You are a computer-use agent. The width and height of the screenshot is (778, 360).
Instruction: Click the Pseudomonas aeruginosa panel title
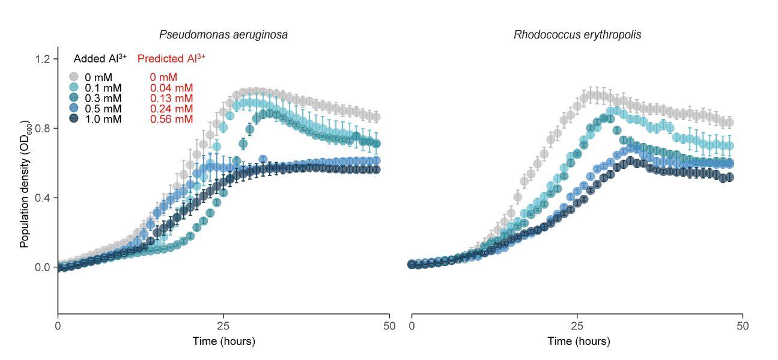[x=223, y=35]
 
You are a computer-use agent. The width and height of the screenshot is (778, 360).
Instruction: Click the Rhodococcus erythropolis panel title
[x=577, y=35]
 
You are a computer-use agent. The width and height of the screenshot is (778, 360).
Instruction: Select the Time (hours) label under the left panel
[x=223, y=341]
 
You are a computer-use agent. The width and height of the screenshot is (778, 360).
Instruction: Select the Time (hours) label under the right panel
[x=578, y=341]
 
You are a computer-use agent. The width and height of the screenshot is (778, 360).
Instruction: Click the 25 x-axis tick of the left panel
[x=223, y=326]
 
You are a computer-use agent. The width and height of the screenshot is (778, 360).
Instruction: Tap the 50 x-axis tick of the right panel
[x=743, y=326]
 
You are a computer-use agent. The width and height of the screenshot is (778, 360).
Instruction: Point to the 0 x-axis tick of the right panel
[x=412, y=326]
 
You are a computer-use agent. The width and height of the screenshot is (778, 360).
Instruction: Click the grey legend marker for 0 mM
[x=74, y=77]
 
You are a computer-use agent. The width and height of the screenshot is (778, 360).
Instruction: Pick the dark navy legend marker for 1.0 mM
[x=74, y=119]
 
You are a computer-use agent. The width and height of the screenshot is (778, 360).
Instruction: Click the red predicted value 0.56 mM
[x=171, y=120]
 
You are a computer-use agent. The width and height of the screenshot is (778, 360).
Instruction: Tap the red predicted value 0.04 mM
[x=171, y=88]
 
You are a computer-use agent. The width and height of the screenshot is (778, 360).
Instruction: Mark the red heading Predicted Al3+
[x=171, y=58]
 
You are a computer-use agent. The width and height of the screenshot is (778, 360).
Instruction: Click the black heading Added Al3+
[x=100, y=58]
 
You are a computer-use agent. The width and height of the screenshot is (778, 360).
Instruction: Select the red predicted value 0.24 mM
[x=171, y=109]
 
